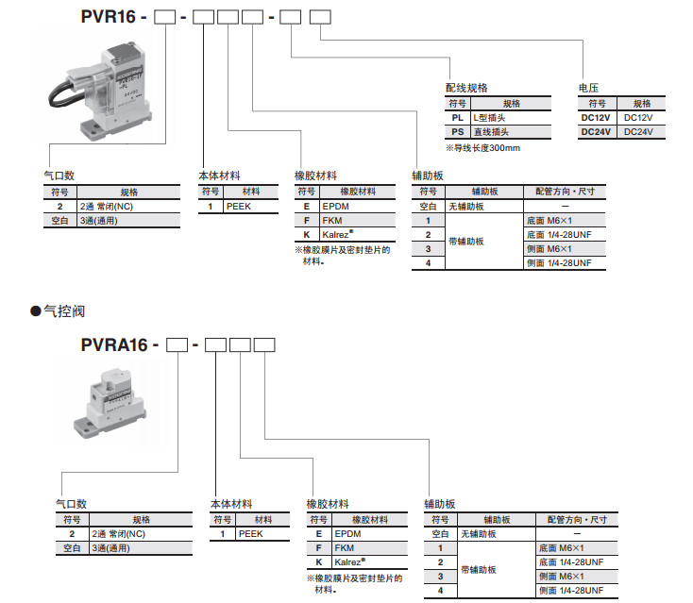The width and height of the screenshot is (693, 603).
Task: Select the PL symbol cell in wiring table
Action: [x=458, y=118]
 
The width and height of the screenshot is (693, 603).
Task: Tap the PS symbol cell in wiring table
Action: [x=458, y=132]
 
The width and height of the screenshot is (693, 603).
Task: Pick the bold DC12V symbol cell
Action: [x=597, y=118]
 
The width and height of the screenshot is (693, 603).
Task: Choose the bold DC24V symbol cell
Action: [x=597, y=132]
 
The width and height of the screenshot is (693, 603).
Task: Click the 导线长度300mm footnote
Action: [x=482, y=148]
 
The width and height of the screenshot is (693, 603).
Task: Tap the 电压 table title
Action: [x=588, y=87]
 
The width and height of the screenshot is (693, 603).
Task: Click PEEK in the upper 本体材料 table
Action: [x=237, y=205]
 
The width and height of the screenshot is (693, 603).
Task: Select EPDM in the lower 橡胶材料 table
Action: [x=337, y=533]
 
